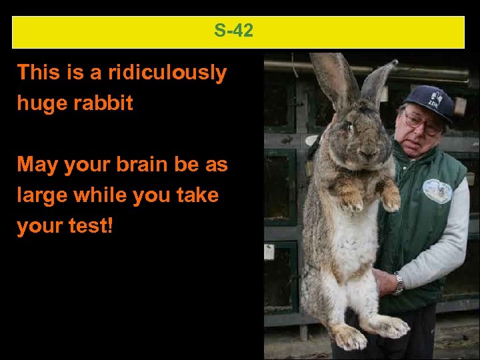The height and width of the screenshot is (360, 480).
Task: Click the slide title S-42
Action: click(234, 31)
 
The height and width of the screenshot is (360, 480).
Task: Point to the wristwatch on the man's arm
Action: click(398, 283)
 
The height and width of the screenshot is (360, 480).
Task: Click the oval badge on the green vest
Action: click(437, 191)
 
